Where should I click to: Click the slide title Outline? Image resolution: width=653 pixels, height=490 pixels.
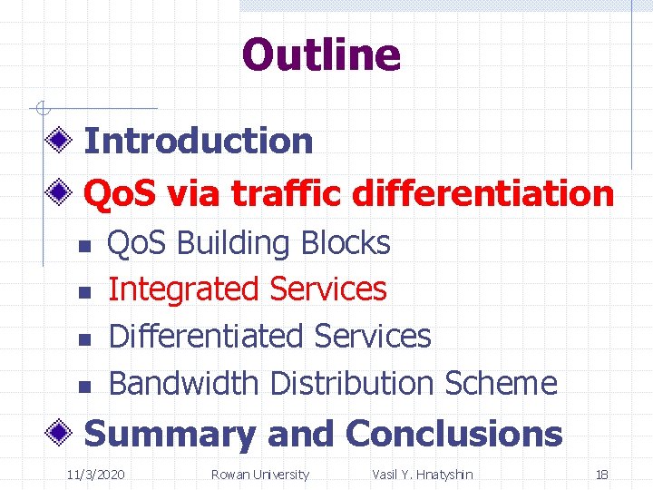coord(321,54)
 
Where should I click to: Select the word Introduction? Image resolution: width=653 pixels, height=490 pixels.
coord(198,141)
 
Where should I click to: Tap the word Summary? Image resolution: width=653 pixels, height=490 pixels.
coord(170,435)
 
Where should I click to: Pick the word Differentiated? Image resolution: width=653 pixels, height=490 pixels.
coord(206,336)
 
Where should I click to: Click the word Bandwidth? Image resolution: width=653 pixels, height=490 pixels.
coord(184,383)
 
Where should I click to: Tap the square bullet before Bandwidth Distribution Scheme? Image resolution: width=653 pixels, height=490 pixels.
coord(81,387)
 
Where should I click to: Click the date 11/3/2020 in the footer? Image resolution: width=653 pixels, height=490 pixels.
coord(96,475)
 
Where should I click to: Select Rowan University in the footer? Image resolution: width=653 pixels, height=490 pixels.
coord(259,475)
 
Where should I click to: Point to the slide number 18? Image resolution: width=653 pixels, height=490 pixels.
coord(601,475)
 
